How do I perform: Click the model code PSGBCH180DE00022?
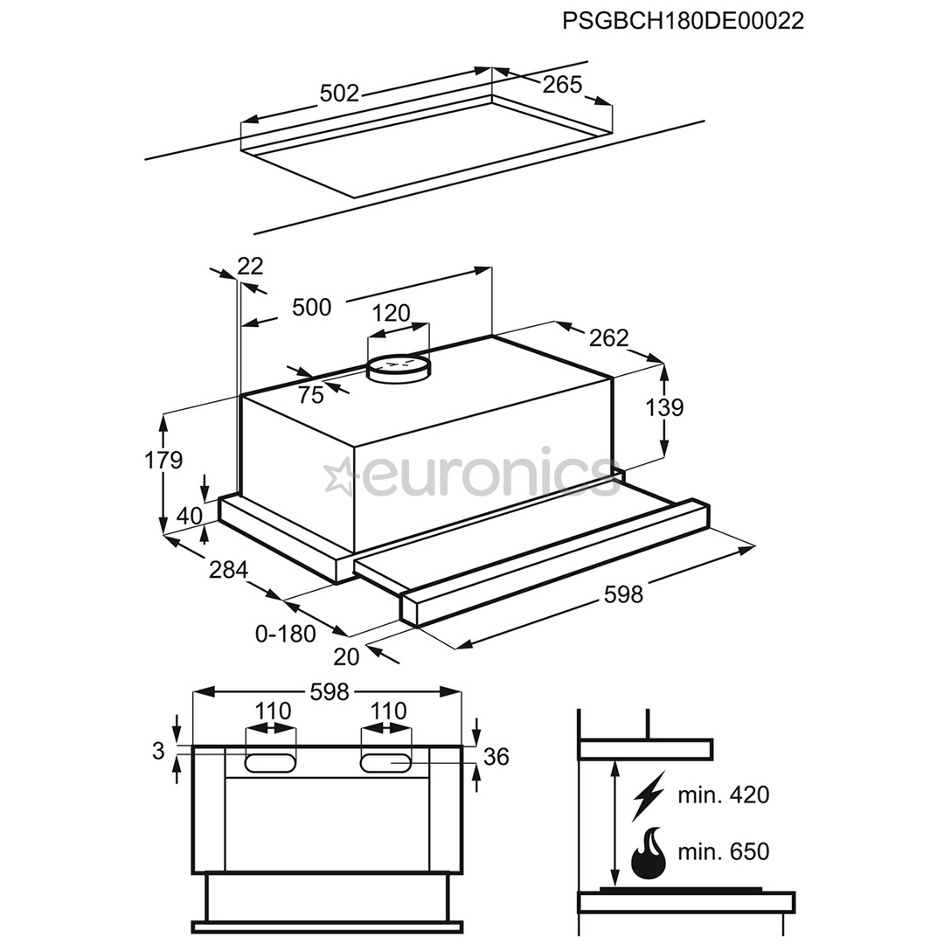click(683, 22)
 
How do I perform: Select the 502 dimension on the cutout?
click(339, 93)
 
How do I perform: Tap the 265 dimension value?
click(562, 85)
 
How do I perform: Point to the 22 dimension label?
click(250, 266)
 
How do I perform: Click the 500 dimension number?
click(311, 307)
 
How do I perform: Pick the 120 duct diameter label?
click(391, 313)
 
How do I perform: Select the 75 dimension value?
click(310, 395)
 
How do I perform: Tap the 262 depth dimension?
click(608, 337)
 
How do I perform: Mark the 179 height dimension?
click(163, 460)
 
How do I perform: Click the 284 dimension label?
click(228, 570)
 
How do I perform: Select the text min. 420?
click(723, 795)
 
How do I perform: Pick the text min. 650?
click(723, 851)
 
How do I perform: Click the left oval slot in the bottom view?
click(270, 762)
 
